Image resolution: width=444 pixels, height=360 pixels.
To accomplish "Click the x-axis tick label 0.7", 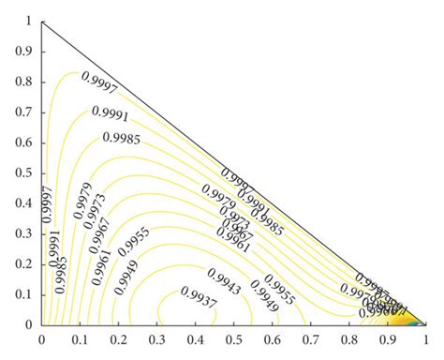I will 311,343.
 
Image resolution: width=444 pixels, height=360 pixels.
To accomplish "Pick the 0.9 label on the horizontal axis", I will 388,343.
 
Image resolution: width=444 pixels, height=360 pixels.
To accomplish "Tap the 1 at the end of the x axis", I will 426,343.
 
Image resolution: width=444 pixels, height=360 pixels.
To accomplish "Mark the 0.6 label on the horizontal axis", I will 273,343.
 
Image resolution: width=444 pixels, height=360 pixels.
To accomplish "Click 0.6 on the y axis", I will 24,142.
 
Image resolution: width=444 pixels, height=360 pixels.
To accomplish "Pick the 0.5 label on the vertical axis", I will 24,172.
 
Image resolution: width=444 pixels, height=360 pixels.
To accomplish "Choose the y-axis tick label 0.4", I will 24,202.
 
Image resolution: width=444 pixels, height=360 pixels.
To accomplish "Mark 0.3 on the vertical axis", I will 24,233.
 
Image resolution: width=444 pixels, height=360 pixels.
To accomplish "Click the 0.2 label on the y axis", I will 24,263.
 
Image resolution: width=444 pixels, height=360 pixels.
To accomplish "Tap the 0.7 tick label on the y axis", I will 24,111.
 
